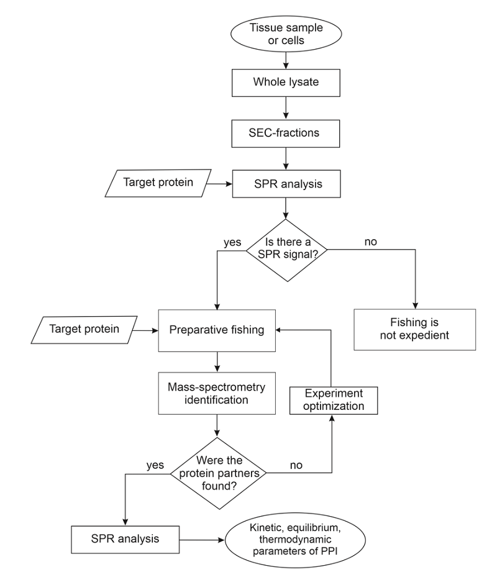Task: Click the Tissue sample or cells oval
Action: (286, 34)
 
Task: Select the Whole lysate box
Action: (286, 83)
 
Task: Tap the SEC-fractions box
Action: (286, 134)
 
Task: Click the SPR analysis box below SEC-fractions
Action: (286, 184)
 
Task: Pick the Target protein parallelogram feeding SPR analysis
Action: (158, 183)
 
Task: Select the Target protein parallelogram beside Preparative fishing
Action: (84, 330)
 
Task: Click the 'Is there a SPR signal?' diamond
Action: (287, 250)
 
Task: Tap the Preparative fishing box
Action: (217, 331)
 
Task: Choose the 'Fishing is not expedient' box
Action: (415, 330)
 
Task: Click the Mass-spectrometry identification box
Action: (217, 393)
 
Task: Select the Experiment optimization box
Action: (334, 401)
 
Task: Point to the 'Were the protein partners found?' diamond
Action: (218, 473)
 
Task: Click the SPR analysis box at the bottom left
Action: (125, 540)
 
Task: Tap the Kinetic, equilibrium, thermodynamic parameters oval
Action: (295, 540)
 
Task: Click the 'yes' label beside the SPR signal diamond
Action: (232, 242)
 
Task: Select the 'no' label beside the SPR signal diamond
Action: (370, 242)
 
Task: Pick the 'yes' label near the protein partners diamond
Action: (155, 465)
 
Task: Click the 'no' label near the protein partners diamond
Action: (296, 465)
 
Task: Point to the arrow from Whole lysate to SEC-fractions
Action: (286, 108)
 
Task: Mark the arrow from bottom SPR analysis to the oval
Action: (202, 540)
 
